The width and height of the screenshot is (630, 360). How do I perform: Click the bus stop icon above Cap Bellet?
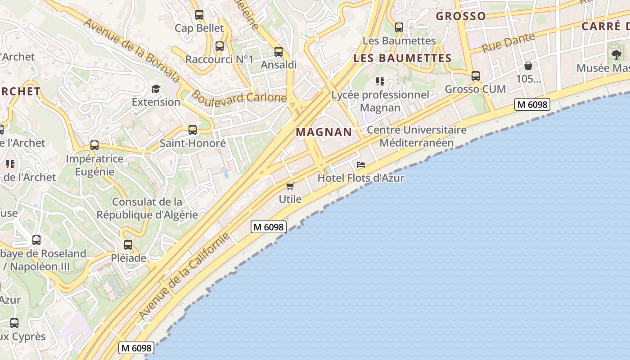[x=199, y=15]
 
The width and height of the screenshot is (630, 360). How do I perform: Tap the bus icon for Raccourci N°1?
[x=220, y=46]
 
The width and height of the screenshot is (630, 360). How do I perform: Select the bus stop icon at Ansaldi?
[x=279, y=52]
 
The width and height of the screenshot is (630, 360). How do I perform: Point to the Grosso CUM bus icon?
[x=476, y=76]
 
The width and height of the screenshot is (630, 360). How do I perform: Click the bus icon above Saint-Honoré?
[x=193, y=130]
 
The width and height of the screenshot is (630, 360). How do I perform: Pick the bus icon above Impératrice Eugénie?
[x=94, y=145]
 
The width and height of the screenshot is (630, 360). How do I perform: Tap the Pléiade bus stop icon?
[x=128, y=245]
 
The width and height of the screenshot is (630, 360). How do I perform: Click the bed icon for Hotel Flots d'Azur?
[x=361, y=165]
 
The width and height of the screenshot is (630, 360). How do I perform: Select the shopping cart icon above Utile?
[x=290, y=186]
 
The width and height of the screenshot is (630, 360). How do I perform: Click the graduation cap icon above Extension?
[x=156, y=89]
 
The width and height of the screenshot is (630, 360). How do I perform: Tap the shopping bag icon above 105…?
[x=528, y=66]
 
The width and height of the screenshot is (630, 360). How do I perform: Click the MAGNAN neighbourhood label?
[x=324, y=132]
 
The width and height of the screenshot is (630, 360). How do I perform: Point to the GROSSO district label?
[x=461, y=16]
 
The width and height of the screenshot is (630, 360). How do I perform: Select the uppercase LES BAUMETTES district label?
[x=402, y=58]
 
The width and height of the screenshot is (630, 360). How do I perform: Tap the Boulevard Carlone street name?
[x=239, y=97]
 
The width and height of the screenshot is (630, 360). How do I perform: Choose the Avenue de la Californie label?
[x=185, y=276]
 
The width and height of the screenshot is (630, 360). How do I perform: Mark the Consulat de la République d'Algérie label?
[x=147, y=208]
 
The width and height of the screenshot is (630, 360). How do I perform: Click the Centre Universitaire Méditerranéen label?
[x=417, y=136]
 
